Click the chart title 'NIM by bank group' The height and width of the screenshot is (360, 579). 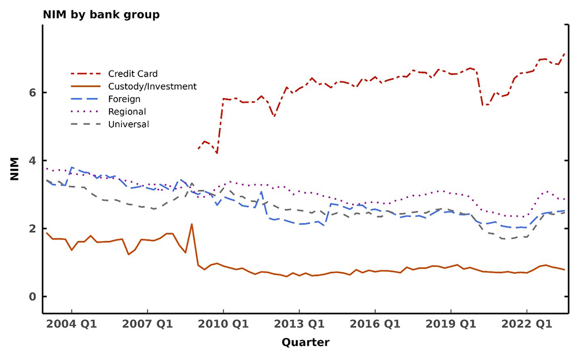(x=101, y=14)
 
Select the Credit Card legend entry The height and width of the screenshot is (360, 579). (x=133, y=74)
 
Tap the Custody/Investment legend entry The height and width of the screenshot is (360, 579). (x=152, y=87)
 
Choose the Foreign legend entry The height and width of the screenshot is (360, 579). (x=124, y=99)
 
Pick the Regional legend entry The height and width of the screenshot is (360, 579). (x=127, y=112)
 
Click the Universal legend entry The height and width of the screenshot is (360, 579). (x=129, y=124)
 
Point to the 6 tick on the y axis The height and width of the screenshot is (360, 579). (x=32, y=93)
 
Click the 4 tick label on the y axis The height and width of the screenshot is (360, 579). (x=32, y=161)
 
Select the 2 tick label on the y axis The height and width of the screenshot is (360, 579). (x=32, y=229)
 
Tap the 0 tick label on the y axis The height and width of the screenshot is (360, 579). (x=32, y=297)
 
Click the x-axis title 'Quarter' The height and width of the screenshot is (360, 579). (x=305, y=343)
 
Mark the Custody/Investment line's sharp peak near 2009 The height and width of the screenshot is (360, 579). (x=192, y=224)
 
